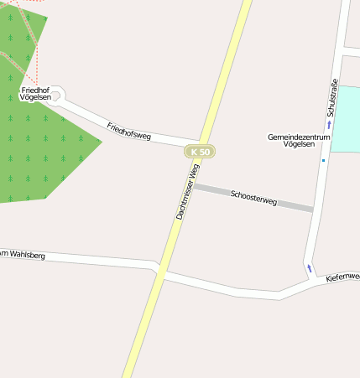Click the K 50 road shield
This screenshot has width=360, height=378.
(200, 152)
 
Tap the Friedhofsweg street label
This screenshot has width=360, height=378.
(128, 131)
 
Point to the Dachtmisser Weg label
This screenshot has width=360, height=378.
(187, 192)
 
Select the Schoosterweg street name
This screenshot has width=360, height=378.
(253, 198)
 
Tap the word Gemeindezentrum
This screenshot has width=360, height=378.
(291, 136)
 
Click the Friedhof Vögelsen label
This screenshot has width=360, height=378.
(35, 93)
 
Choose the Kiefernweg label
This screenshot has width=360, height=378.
(342, 276)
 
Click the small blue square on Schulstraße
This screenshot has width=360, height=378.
(322, 160)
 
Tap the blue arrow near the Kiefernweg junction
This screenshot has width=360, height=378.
(309, 268)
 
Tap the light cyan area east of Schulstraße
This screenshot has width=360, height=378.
(345, 117)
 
